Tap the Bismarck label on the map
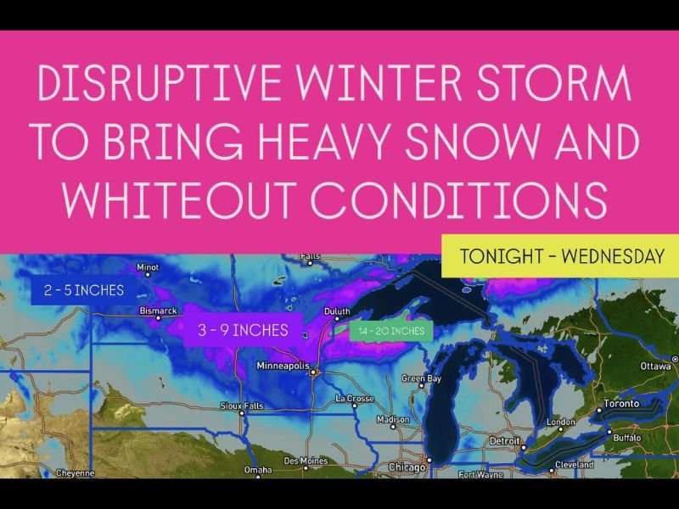pos(159,311)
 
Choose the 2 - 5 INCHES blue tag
pos(83,290)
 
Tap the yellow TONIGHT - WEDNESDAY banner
pos(560,255)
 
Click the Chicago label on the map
pos(407,466)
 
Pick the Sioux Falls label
pos(241,406)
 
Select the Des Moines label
pos(304,461)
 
